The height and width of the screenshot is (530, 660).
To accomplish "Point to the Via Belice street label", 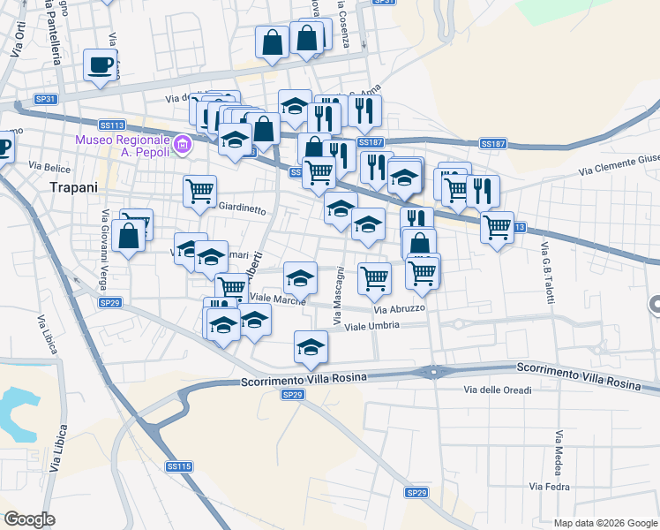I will (x=48, y=165).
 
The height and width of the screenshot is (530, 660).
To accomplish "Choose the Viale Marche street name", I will (x=277, y=299).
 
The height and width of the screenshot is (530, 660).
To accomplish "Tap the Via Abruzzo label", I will (x=400, y=309).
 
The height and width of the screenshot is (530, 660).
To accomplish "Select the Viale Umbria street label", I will (x=372, y=326).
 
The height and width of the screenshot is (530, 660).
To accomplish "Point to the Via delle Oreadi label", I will (x=499, y=390).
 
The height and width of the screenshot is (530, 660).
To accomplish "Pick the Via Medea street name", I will (x=559, y=451).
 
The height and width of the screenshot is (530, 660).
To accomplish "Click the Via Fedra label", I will (x=549, y=487).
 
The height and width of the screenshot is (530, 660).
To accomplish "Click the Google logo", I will (x=29, y=519).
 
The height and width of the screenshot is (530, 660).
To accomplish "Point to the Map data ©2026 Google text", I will (x=604, y=523).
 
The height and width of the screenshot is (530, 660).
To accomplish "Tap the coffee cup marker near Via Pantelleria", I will (x=100, y=65).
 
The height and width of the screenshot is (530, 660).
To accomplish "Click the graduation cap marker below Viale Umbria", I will (x=311, y=347).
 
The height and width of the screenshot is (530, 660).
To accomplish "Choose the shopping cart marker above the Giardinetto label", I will (x=200, y=190).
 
